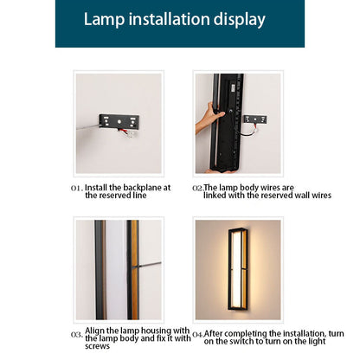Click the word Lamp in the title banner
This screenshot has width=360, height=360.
(x=104, y=19)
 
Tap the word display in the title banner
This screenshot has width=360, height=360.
(x=240, y=20)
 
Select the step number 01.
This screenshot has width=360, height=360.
(x=77, y=188)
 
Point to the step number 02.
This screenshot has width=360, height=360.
(x=198, y=188)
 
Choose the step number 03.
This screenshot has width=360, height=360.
(x=77, y=335)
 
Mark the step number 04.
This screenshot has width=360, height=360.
(x=198, y=335)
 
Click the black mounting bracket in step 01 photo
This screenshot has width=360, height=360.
(x=119, y=121)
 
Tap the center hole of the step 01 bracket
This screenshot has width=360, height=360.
(x=119, y=122)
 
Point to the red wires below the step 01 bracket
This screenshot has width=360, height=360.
(x=124, y=132)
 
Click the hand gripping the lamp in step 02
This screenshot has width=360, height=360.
(x=209, y=119)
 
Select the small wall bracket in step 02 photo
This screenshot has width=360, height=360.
(x=255, y=119)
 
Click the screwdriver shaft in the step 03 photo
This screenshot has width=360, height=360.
(x=150, y=265)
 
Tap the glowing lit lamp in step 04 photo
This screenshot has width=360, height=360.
(x=238, y=269)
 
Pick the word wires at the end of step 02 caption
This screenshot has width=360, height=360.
(x=321, y=196)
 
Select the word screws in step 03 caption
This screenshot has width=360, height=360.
(x=97, y=346)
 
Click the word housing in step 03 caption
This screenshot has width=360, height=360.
(x=152, y=331)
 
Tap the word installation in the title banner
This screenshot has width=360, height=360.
(x=170, y=19)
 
